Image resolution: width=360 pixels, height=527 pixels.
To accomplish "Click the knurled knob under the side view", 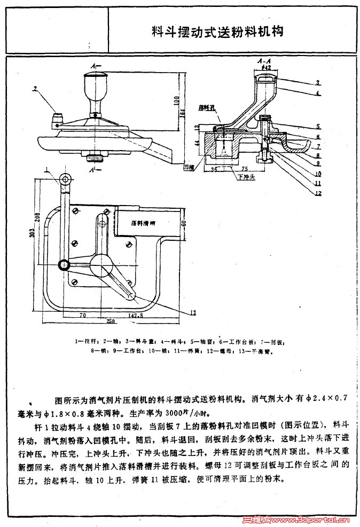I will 97,158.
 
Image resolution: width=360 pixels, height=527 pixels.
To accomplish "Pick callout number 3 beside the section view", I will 317,83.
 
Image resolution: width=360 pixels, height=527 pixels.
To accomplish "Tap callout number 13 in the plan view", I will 192,311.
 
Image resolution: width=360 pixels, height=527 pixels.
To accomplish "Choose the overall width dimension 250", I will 111,321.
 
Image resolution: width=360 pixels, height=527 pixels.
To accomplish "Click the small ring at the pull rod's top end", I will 65,179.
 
